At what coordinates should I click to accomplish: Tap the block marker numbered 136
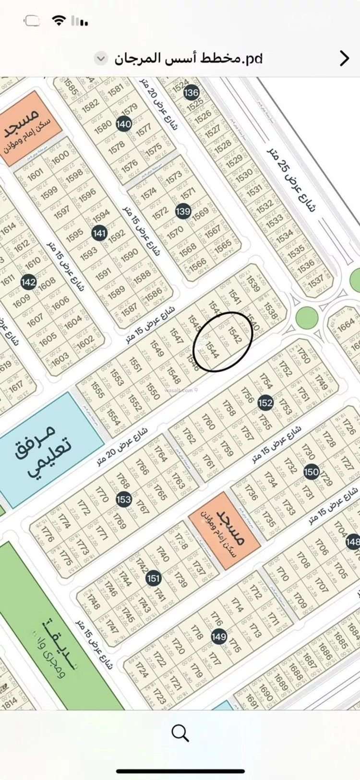point(191,92)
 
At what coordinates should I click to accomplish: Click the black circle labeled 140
point(124,124)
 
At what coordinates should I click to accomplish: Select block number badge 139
point(183,211)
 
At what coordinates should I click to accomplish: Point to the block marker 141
point(99,233)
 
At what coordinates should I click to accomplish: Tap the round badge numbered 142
point(28,282)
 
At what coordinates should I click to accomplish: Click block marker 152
point(265,403)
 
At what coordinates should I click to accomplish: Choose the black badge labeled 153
point(123,499)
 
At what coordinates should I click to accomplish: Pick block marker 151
point(153,579)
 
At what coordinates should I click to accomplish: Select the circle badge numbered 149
point(218,637)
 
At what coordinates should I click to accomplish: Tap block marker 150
point(311,472)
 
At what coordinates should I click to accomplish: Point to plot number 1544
point(212,349)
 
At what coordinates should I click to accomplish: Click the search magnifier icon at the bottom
point(180,733)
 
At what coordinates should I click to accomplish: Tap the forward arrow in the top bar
point(344,58)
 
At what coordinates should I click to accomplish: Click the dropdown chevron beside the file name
point(101,59)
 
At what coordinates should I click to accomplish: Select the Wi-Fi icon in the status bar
point(59,21)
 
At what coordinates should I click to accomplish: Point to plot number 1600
point(60,157)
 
